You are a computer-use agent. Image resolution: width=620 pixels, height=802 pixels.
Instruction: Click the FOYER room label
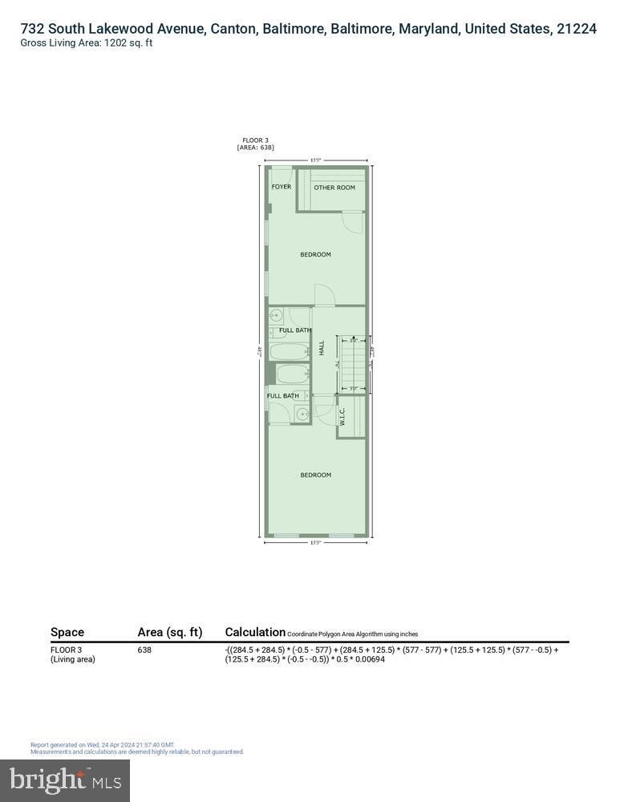pos(281,187)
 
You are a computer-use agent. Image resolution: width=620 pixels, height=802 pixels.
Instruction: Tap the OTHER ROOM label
pos(334,188)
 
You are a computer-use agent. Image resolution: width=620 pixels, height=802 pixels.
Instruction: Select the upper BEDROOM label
pos(315,255)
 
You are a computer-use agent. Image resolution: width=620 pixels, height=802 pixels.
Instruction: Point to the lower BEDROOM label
pos(315,475)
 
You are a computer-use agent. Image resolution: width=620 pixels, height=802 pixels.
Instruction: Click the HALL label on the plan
pos(322,349)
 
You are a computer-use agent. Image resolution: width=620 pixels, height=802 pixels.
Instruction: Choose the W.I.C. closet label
pos(342,416)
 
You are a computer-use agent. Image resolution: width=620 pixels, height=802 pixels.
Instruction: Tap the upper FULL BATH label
pos(295,330)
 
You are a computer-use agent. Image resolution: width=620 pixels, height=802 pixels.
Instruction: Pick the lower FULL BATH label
pos(282,395)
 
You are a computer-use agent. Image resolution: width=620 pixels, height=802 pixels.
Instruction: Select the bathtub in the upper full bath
pos(289,351)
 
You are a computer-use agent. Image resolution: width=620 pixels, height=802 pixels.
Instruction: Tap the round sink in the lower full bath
pos(301,414)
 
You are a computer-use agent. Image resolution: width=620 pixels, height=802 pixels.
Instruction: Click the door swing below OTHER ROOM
pos(353,221)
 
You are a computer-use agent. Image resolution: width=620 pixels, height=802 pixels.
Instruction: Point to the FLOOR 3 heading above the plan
pos(256,140)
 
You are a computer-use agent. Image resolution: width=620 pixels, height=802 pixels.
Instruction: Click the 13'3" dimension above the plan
pos(315,160)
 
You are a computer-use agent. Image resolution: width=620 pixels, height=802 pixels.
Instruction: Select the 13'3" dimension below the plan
pos(315,543)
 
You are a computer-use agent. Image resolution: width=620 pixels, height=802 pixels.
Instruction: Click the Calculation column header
pos(255,632)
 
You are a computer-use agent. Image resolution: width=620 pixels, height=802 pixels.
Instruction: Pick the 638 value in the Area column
pos(144,650)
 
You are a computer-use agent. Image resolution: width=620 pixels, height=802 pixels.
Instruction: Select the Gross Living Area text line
pos(87,43)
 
